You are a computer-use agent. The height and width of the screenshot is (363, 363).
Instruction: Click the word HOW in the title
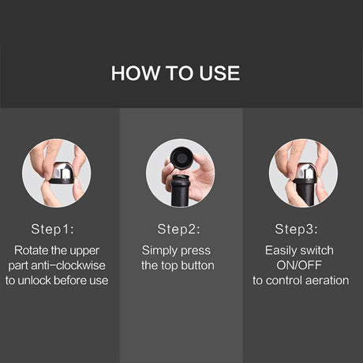click(136, 73)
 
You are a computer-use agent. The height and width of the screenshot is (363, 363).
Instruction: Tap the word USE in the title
click(219, 73)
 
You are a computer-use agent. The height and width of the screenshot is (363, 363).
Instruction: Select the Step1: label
click(53, 229)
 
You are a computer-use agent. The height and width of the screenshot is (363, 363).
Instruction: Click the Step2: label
click(178, 229)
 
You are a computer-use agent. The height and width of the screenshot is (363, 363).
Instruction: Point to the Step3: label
click(296, 229)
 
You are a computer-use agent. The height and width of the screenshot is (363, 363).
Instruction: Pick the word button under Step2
click(197, 265)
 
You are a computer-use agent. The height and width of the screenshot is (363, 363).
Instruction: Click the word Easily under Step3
click(281, 251)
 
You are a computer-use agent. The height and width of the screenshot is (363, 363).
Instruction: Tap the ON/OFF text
click(299, 265)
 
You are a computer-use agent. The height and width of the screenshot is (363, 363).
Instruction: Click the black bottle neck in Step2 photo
click(180, 191)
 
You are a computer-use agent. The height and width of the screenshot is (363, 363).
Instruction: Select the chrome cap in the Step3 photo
click(305, 171)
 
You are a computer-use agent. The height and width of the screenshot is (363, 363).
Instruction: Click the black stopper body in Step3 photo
click(305, 192)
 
